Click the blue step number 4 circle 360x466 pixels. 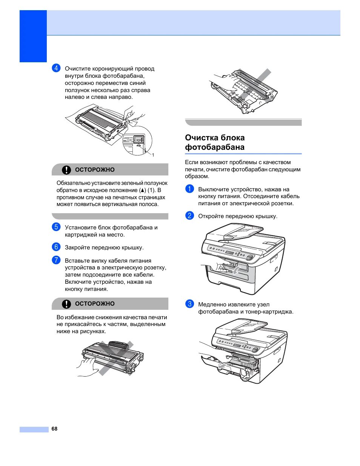pyautogui.click(x=56, y=68)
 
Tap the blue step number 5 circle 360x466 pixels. pyautogui.click(x=56, y=227)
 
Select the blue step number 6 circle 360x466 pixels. pyautogui.click(x=56, y=247)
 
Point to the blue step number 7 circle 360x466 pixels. pyautogui.click(x=56, y=260)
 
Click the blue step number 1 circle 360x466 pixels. pyautogui.click(x=189, y=189)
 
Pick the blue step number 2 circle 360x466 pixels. pyautogui.click(x=189, y=215)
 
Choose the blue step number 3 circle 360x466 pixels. pyautogui.click(x=189, y=304)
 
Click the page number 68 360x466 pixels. pyautogui.click(x=54, y=429)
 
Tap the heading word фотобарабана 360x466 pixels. pyautogui.click(x=214, y=147)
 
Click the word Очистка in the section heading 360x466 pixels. pyautogui.click(x=200, y=138)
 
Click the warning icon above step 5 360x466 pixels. pyautogui.click(x=66, y=170)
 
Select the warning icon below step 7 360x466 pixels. pyautogui.click(x=66, y=304)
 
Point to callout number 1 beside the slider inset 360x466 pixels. pyautogui.click(x=153, y=155)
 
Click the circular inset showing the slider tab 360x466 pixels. pyautogui.click(x=137, y=141)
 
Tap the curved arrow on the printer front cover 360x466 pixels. pyautogui.click(x=235, y=271)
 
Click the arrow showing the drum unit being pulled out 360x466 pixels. pyautogui.click(x=223, y=365)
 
